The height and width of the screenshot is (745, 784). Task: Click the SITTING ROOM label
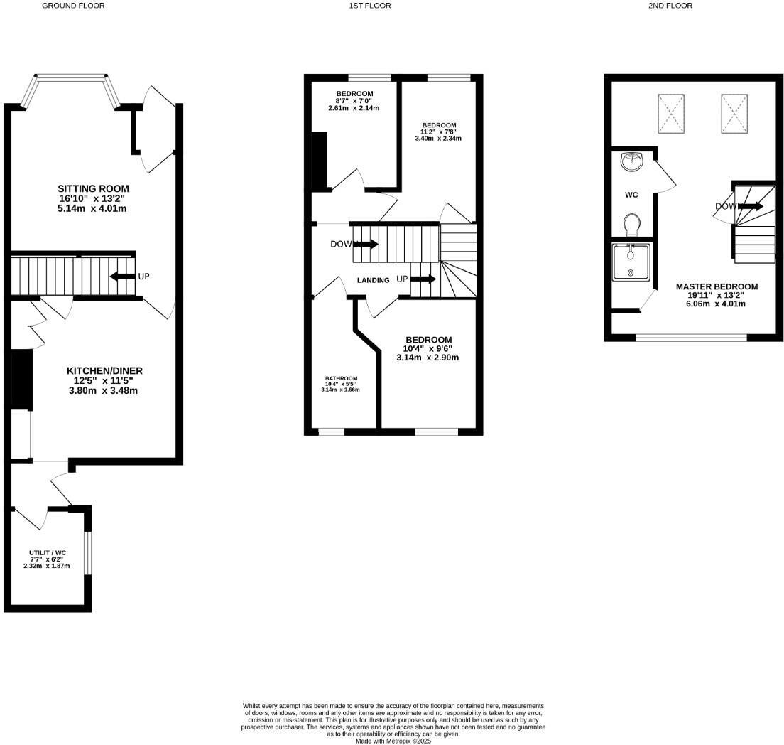point(93,188)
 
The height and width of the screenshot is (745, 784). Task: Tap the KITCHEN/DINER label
point(104,371)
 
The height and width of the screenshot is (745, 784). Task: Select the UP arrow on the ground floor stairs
point(122,276)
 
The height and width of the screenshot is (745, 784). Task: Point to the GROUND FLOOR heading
point(73,6)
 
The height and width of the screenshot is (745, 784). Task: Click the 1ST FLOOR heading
point(369,6)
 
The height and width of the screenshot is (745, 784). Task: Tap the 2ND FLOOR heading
point(669,6)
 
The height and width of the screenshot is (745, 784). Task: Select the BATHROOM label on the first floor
point(342,378)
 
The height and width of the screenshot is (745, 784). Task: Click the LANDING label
point(373,280)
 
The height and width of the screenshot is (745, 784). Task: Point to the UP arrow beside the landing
point(423,279)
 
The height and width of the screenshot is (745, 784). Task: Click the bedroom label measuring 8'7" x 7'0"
point(354,94)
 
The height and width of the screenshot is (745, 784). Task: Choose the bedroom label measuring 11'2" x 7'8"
point(438,125)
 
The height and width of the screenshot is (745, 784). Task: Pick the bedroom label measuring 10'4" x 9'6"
point(428,340)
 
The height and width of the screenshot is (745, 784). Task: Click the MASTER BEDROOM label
point(717,286)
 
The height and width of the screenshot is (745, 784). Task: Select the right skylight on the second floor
point(735,114)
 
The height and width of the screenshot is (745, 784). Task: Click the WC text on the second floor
point(631,195)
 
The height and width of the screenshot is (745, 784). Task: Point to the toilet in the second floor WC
point(631,225)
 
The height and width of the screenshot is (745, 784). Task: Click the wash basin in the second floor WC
point(631,161)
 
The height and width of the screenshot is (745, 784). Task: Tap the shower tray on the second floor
point(631,263)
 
